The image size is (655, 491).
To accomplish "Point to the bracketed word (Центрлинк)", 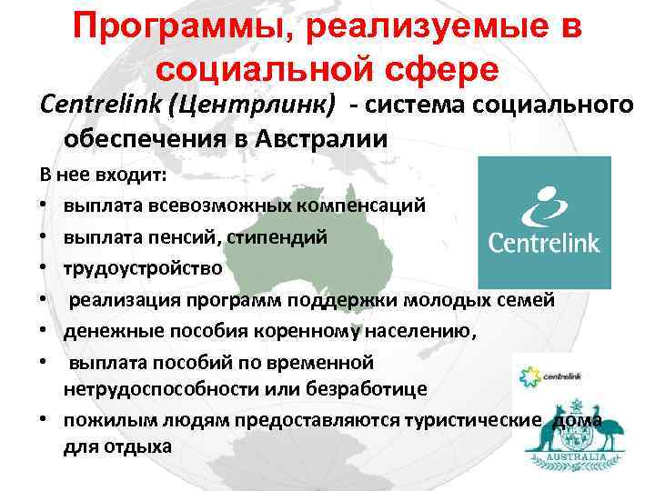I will tap(259, 105).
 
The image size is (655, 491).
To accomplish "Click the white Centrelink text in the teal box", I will tap(544, 242).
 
